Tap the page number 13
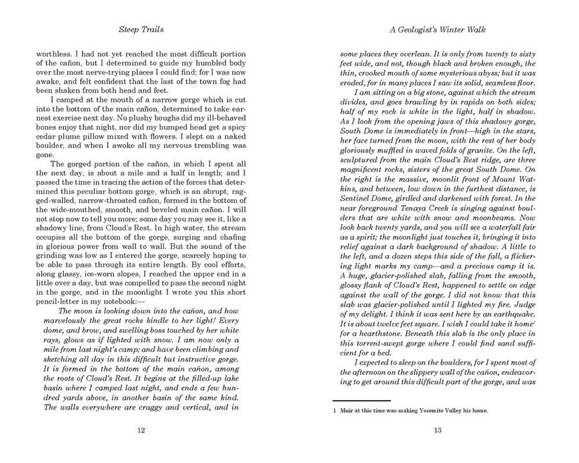click(438, 429)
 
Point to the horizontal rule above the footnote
click(361, 400)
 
